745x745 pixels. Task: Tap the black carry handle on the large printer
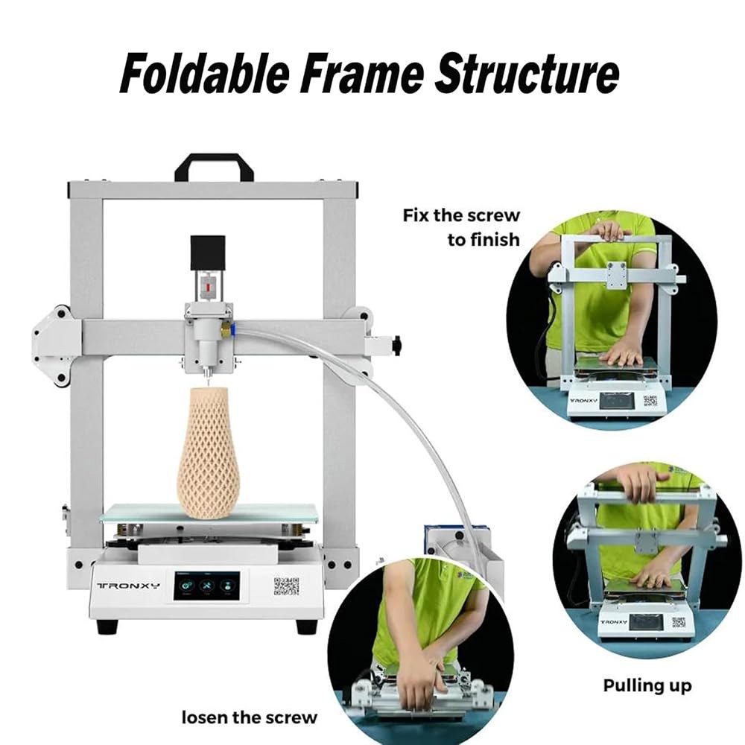[214, 167]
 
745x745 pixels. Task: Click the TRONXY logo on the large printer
[129, 585]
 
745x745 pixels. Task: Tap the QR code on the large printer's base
[287, 586]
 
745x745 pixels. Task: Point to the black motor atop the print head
[207, 253]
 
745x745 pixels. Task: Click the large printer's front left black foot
[107, 627]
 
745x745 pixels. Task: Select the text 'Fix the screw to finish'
[461, 227]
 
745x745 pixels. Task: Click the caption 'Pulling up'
[647, 685]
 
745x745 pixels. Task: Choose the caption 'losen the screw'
[249, 717]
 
